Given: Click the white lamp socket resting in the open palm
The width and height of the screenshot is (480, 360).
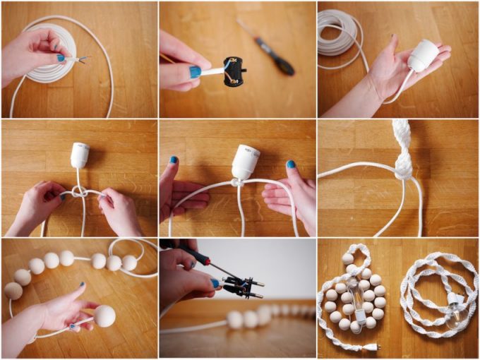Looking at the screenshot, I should (424, 55).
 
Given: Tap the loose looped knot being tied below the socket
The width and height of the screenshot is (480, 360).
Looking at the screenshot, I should (79, 192).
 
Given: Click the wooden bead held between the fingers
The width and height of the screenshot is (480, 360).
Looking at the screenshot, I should (104, 315).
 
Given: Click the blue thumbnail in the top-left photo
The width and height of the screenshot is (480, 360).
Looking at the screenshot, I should (61, 58).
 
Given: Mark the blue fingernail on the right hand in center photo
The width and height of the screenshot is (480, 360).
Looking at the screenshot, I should (290, 164).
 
